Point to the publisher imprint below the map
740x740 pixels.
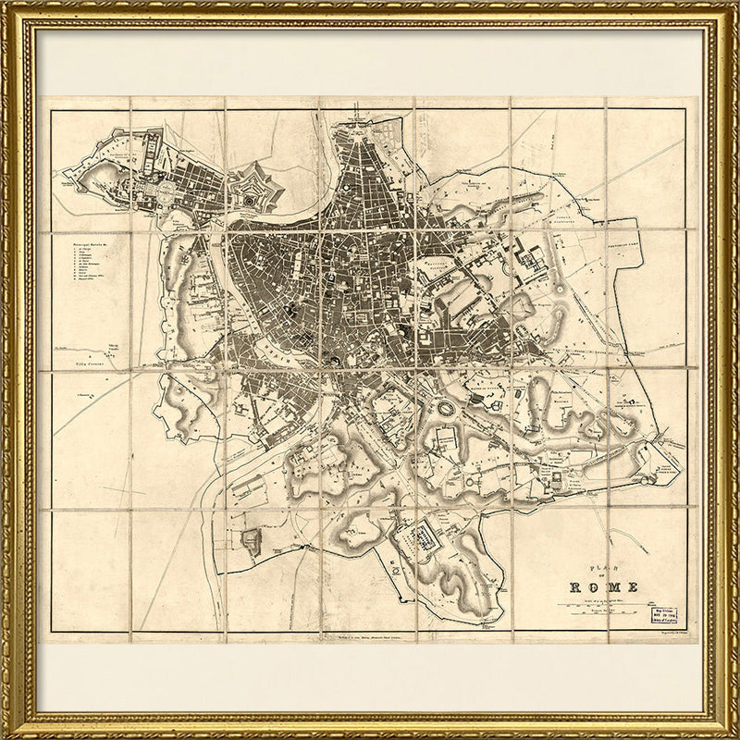tap(370, 637)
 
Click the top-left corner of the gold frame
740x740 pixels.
tap(7, 7)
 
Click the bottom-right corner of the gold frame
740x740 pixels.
tap(733, 733)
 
